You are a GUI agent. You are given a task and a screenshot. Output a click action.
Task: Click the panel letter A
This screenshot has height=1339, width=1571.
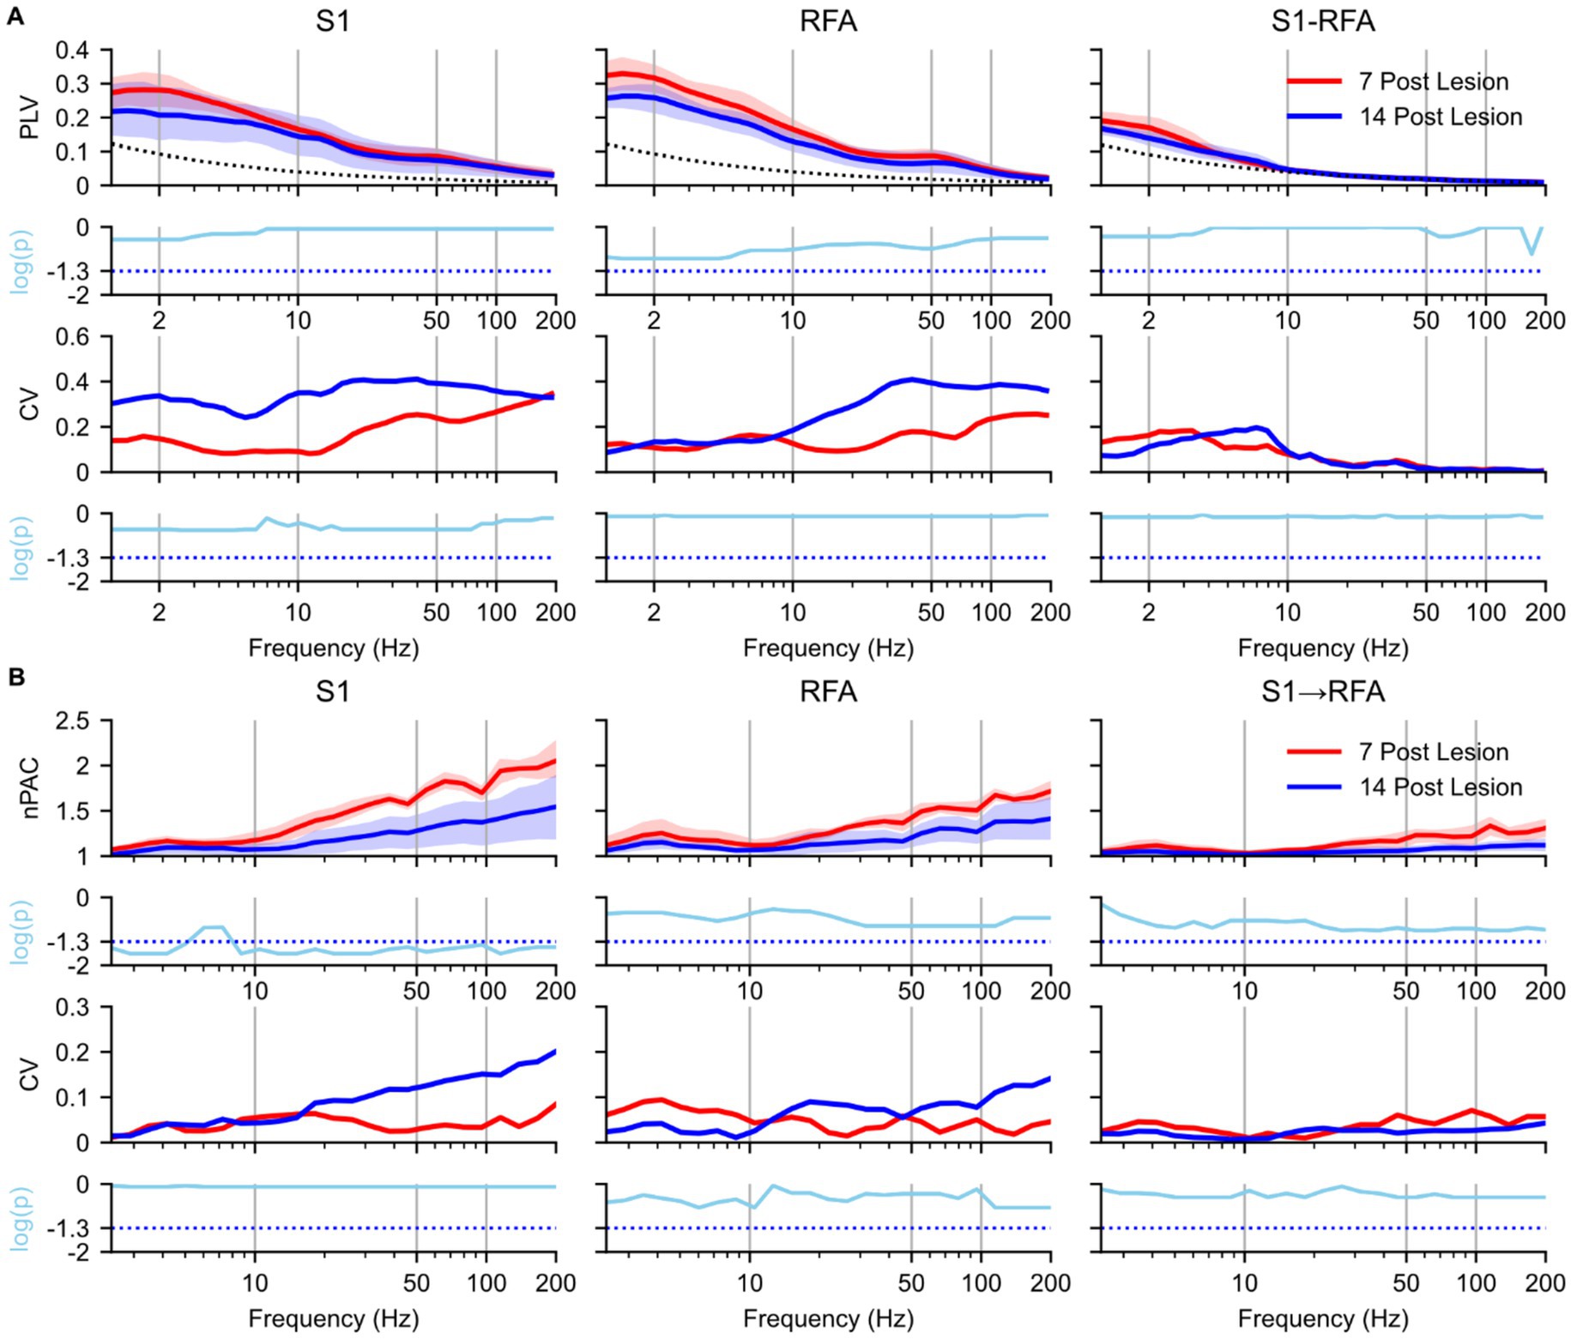[15, 16]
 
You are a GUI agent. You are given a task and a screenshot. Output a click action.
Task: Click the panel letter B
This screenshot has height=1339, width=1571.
[15, 677]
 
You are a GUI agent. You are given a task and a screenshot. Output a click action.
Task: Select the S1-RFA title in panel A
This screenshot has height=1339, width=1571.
[1322, 21]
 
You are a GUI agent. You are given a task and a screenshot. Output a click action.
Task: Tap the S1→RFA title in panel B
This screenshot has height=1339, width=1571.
[1322, 691]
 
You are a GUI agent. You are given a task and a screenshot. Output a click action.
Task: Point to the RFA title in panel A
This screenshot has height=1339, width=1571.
[828, 21]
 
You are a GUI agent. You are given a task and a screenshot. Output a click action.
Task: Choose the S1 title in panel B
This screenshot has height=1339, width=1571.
[333, 691]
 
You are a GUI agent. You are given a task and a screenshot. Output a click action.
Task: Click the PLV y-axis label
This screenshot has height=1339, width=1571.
[29, 118]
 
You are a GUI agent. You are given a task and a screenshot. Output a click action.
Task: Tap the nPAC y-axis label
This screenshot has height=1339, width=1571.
[29, 787]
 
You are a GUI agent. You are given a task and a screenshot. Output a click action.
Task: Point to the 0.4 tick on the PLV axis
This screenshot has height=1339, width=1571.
[71, 50]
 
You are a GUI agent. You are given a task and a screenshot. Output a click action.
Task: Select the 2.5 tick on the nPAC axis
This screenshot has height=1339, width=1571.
[71, 721]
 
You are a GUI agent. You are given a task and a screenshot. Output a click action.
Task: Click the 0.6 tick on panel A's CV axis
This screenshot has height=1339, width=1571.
[71, 336]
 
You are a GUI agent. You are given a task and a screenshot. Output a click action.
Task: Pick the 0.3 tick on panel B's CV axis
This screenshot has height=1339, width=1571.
[71, 1007]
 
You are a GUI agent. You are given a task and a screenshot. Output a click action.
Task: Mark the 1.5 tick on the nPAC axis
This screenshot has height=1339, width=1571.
[71, 811]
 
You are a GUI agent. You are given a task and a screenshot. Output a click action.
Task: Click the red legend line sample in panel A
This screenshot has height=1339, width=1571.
[1314, 81]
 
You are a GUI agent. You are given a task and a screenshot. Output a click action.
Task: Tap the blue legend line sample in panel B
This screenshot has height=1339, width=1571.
[1314, 787]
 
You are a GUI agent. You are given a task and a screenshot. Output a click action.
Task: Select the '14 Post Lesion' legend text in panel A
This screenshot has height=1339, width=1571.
[1441, 117]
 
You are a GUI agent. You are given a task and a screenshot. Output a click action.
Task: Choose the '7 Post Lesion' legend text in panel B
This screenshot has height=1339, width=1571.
[1434, 751]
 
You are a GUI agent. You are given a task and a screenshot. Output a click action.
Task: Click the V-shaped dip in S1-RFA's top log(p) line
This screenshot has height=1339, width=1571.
[1532, 251]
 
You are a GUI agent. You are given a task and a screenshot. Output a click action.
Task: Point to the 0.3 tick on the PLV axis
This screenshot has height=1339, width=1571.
[71, 84]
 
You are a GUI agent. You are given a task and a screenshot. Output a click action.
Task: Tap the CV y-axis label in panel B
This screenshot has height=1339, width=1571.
[29, 1074]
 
